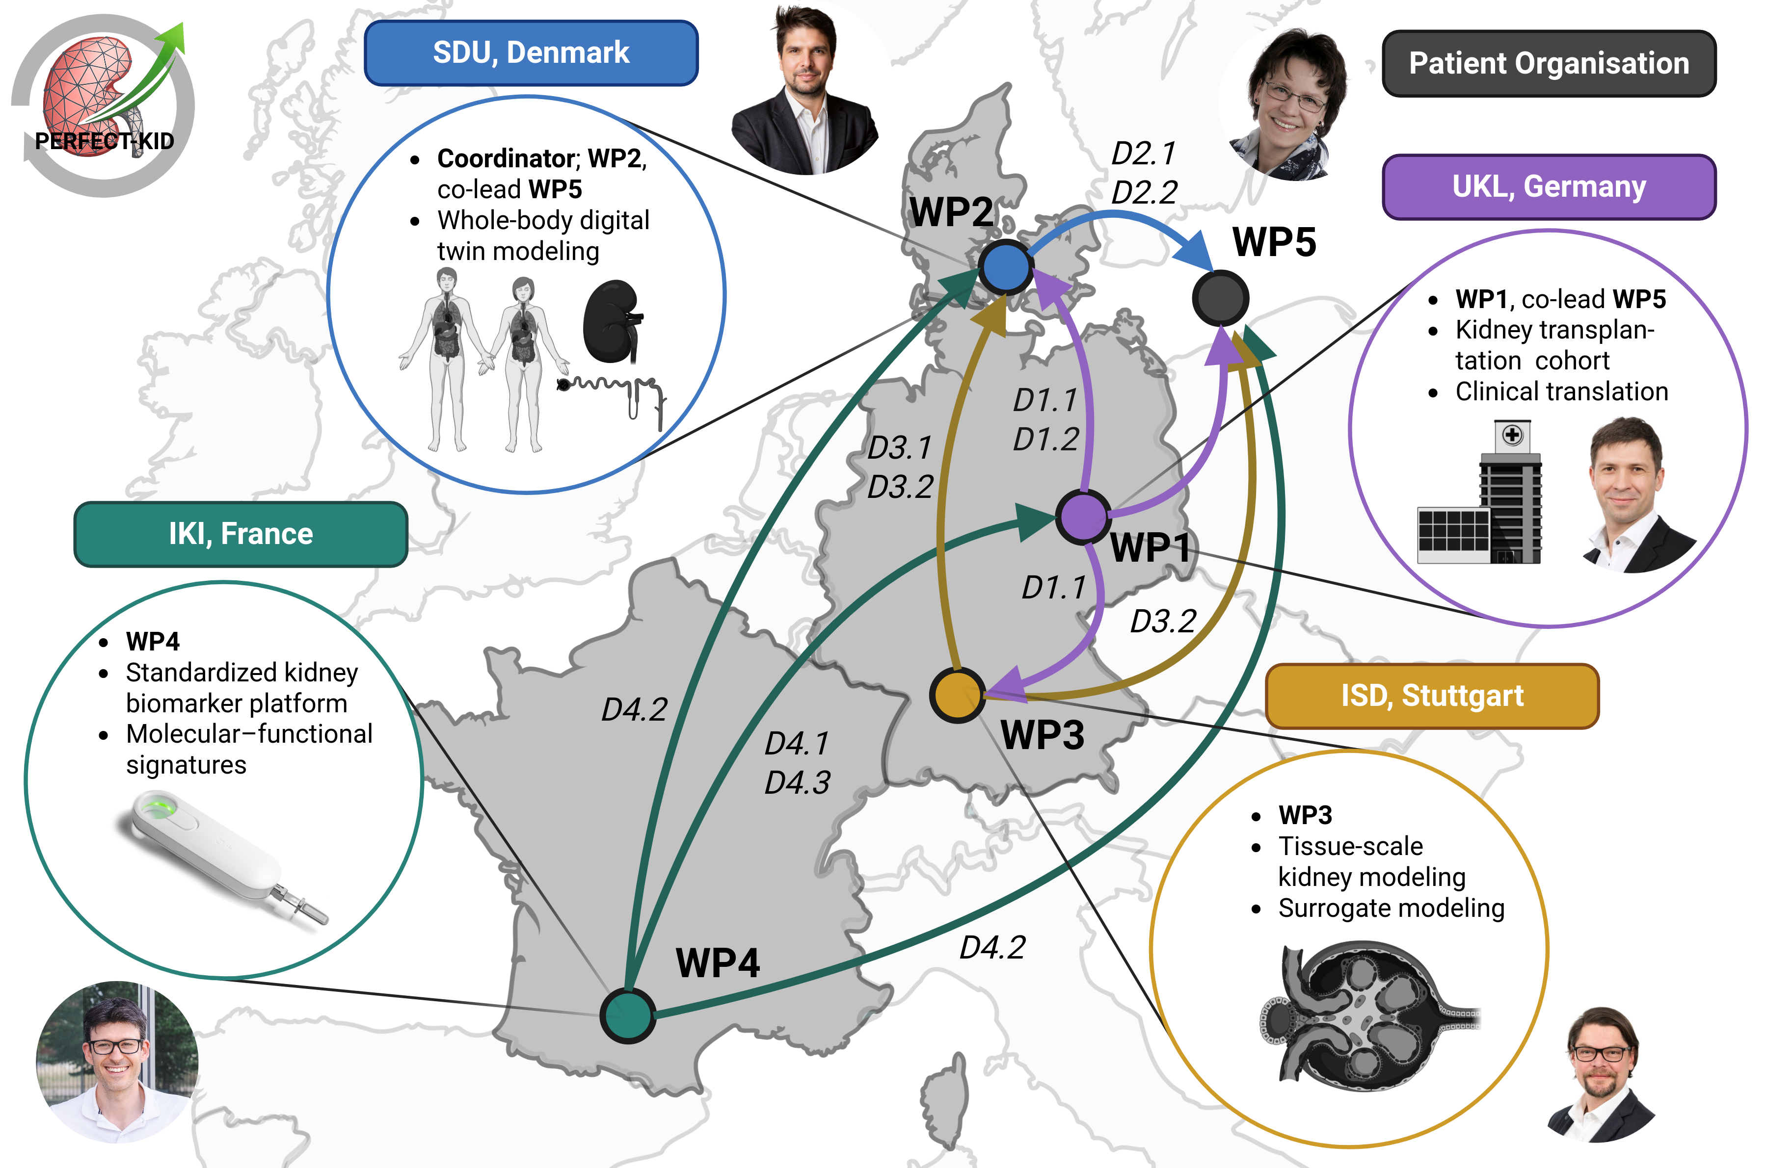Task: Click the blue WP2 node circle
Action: tap(1005, 267)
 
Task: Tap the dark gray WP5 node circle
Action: tap(1220, 298)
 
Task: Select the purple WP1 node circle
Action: tap(1083, 516)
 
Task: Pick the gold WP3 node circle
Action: tap(958, 694)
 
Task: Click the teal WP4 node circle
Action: tap(627, 1014)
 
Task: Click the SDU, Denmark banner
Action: tap(531, 53)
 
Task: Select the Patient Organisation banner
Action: tap(1549, 63)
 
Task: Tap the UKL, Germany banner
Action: tap(1549, 187)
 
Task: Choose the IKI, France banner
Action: tap(241, 534)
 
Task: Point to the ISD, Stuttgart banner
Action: tap(1432, 696)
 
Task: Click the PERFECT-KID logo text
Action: tap(105, 141)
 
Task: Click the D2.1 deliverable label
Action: tap(1143, 154)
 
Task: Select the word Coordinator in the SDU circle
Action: tap(505, 158)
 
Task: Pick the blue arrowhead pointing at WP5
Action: tap(1195, 250)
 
